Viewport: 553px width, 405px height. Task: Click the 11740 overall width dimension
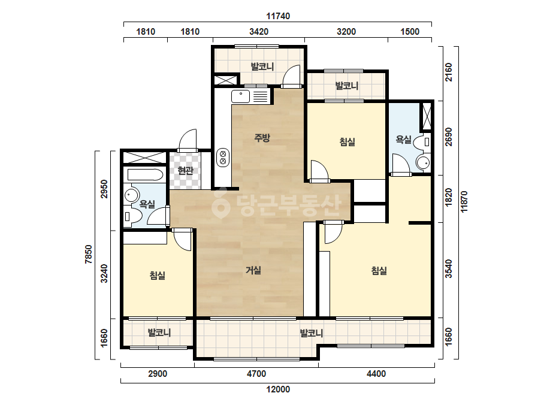(278, 16)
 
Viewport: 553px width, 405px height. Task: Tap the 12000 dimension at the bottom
(278, 389)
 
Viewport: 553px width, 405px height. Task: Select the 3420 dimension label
(259, 32)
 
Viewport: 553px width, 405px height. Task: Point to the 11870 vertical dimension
(464, 201)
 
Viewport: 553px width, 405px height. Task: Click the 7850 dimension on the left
(89, 254)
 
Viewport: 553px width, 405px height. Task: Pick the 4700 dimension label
(256, 374)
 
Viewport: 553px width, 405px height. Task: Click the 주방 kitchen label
(262, 138)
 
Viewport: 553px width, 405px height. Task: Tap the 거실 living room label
(253, 271)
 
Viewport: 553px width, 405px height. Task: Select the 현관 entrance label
(186, 171)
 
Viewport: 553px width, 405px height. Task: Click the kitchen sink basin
(240, 96)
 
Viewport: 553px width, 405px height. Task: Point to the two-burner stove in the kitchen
(223, 158)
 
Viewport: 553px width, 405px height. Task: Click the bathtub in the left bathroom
(145, 175)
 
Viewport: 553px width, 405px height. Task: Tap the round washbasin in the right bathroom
(423, 163)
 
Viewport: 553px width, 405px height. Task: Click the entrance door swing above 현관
(188, 140)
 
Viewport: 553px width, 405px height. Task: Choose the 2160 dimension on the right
(448, 72)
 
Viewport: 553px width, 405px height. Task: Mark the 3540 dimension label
(448, 269)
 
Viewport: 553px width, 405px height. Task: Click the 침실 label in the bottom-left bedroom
(158, 276)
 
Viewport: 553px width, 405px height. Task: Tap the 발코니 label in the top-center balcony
(262, 67)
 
